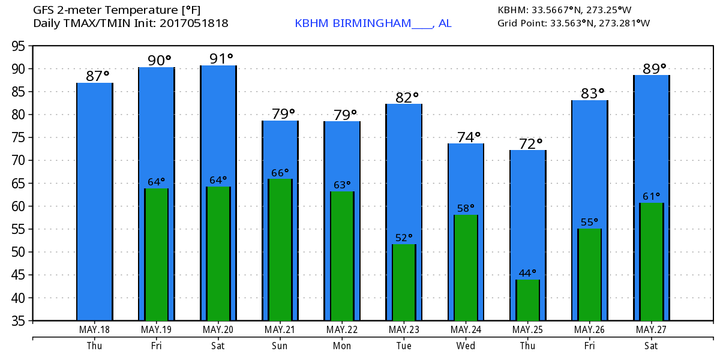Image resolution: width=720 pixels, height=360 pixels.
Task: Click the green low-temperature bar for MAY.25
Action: (527, 300)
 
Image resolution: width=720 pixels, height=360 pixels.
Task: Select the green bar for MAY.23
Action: (404, 282)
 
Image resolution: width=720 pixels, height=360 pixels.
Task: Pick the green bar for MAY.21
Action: (280, 249)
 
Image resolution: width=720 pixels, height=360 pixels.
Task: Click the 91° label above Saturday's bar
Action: (221, 59)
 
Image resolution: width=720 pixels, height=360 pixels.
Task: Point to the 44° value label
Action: (527, 273)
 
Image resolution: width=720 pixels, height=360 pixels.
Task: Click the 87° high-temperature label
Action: (97, 76)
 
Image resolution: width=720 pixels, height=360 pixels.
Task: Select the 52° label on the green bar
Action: (404, 238)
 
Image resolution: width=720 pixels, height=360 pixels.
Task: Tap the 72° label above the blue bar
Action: (530, 144)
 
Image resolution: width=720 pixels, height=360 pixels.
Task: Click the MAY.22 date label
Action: (342, 330)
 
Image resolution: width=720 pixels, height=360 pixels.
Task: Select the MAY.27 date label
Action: (651, 330)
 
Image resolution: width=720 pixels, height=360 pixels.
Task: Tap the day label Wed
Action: (466, 346)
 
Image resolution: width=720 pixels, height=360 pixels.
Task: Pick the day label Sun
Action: (280, 346)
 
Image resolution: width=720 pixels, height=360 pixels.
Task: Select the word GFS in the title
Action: (44, 10)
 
